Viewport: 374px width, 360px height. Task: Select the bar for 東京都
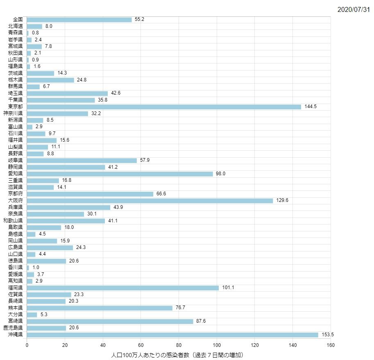pyautogui.click(x=164, y=106)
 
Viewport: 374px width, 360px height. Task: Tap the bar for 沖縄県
pyautogui.click(x=172, y=335)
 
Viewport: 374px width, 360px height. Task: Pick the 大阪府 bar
pyautogui.click(x=150, y=201)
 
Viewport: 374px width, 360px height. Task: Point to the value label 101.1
pyautogui.click(x=228, y=288)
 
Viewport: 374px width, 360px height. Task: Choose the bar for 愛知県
pyautogui.click(x=120, y=174)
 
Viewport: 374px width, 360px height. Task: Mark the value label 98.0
pyautogui.click(x=221, y=174)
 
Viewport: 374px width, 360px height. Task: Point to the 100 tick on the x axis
pyautogui.click(x=217, y=345)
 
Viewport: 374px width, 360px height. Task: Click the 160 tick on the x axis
pyautogui.click(x=331, y=345)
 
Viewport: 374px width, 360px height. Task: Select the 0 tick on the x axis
pyautogui.click(x=27, y=345)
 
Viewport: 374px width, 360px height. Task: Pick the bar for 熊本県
pyautogui.click(x=100, y=308)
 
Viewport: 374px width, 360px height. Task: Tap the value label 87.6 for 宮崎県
pyautogui.click(x=201, y=321)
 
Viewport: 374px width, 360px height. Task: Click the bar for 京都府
pyautogui.click(x=90, y=194)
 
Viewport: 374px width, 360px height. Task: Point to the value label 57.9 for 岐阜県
pyautogui.click(x=145, y=160)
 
